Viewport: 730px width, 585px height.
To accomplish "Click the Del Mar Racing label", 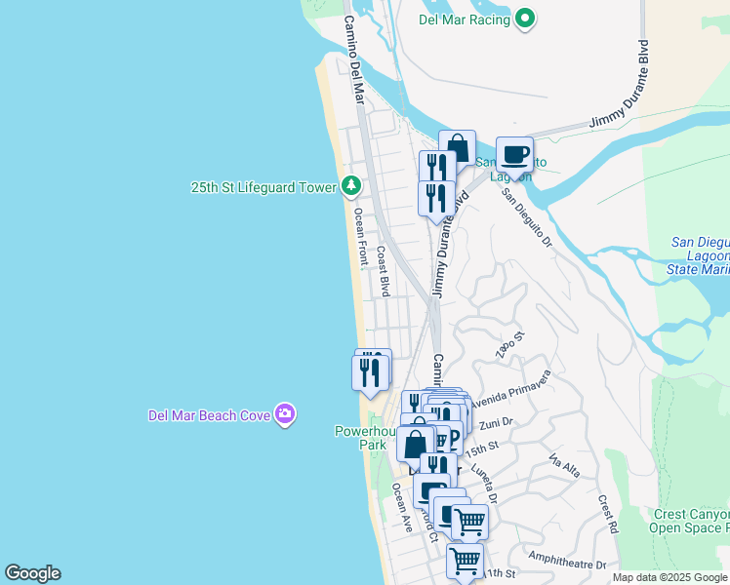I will point(466,19).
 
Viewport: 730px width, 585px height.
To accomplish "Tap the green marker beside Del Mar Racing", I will point(525,19).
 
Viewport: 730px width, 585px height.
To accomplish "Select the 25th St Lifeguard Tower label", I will point(264,186).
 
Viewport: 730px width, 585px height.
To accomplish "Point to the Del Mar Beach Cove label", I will point(209,415).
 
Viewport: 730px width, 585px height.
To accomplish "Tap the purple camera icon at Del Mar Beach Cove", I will point(285,415).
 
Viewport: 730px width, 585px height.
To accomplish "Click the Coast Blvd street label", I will point(384,270).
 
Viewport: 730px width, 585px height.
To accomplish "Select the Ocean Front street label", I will point(360,238).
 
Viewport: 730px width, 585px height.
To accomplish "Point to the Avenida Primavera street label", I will point(511,389).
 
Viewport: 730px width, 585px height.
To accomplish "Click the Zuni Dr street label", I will point(497,423).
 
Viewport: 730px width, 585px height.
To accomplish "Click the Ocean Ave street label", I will point(402,507).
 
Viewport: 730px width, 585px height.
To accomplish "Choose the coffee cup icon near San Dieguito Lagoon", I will point(514,154).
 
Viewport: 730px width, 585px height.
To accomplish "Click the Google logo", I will point(32,573).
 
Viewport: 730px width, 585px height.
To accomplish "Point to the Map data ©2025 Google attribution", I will point(669,577).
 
